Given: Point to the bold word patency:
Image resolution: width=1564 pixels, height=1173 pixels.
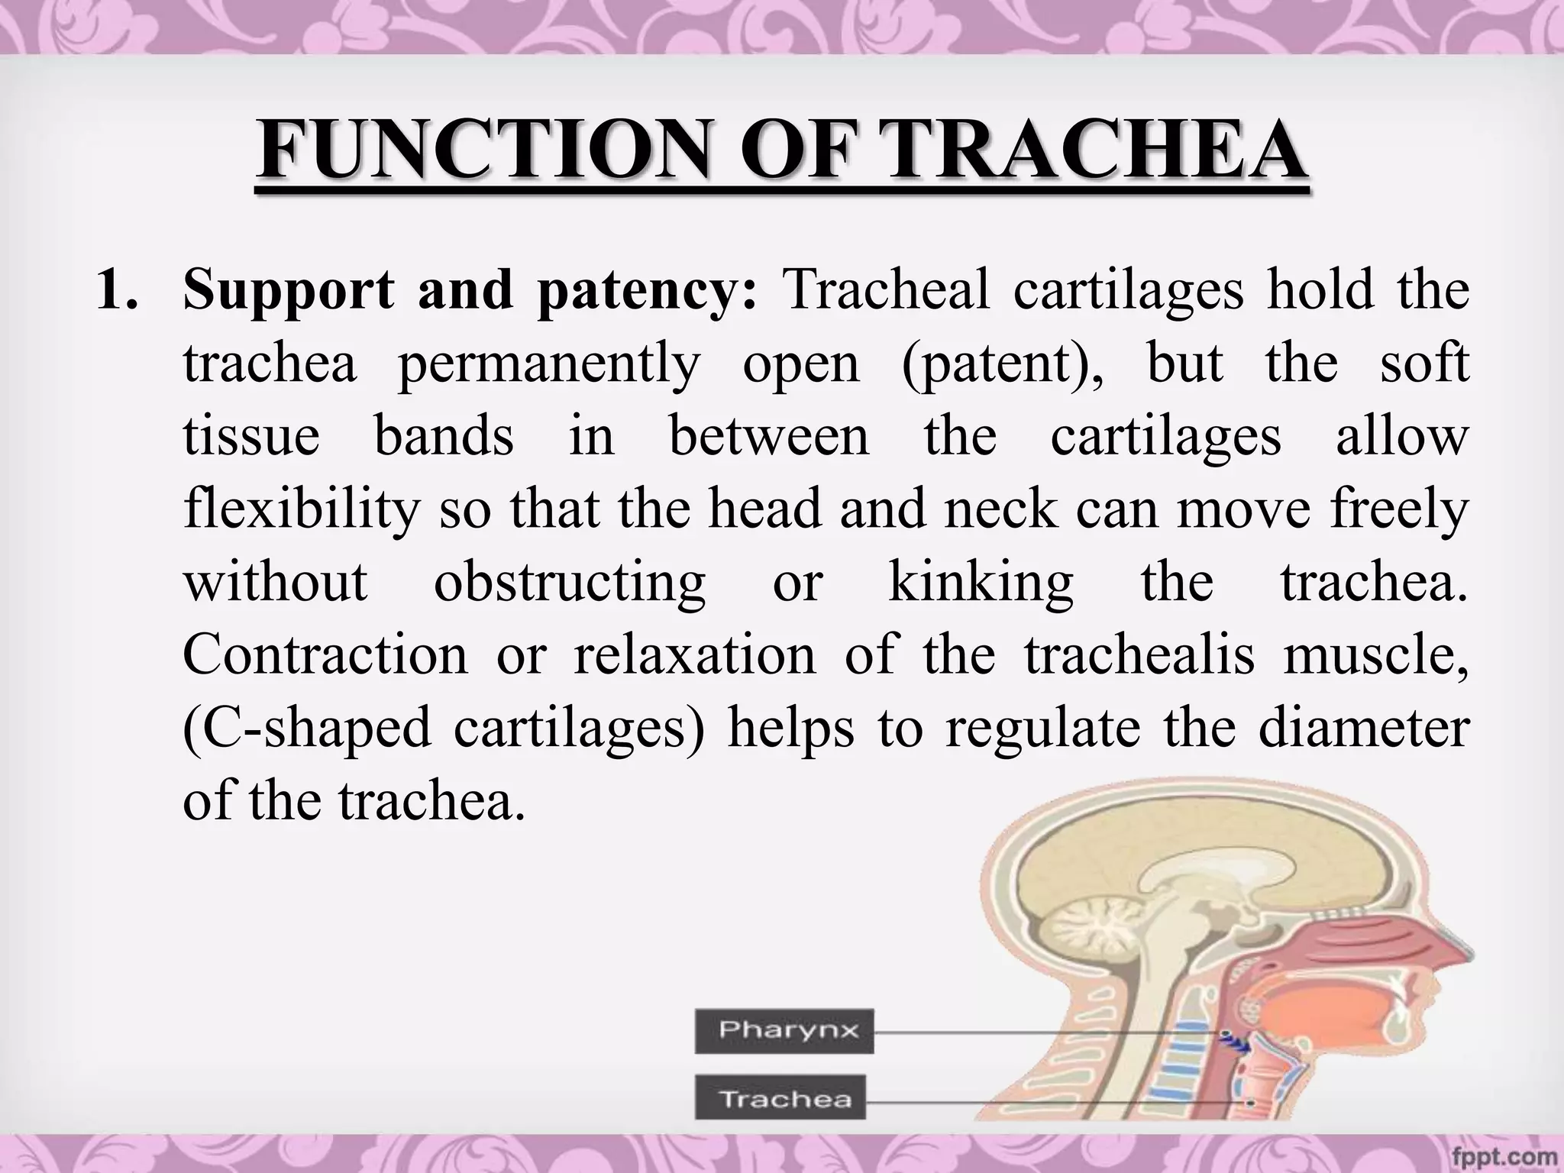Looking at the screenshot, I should click(648, 291).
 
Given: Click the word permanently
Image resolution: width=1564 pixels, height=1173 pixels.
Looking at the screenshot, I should click(548, 364).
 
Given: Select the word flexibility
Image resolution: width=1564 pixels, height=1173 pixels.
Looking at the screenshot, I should click(302, 509).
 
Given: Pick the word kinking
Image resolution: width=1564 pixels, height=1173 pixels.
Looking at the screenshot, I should click(981, 582).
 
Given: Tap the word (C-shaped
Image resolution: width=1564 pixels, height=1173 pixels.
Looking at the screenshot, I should click(307, 728).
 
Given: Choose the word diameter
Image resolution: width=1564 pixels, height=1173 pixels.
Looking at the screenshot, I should click(1364, 728).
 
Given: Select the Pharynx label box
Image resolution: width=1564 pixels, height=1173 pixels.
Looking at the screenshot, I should click(784, 1031).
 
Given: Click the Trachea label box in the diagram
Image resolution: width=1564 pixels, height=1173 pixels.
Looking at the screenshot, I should click(780, 1098).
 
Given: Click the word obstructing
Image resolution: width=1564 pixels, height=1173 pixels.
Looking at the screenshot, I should click(570, 582).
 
